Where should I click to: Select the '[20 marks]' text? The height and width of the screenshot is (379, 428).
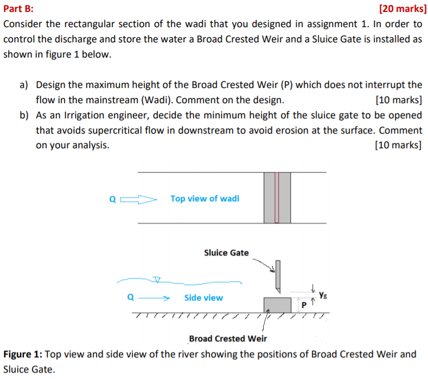400,9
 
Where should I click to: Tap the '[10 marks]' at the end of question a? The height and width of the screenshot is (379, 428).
398,100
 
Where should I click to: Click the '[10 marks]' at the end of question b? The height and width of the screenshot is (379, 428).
398,145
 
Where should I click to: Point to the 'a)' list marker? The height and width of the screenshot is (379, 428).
24,85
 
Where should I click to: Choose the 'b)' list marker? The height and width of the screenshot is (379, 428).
24,115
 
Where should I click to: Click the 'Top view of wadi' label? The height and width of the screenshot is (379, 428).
205,199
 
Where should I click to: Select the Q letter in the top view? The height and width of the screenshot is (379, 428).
113,199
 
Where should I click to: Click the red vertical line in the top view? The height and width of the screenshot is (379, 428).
276,198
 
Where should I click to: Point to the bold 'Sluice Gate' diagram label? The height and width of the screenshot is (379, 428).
226,252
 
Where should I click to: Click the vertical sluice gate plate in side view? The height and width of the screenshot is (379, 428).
278,275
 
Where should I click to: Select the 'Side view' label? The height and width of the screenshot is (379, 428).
203,298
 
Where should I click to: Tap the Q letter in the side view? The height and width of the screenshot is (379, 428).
130,298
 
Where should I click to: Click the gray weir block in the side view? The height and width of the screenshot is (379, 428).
277,305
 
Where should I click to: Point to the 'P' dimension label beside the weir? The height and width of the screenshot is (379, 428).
304,306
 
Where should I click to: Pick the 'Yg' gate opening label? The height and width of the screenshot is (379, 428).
323,295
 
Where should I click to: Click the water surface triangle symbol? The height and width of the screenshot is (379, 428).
157,280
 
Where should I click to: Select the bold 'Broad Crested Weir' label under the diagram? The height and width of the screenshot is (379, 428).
228,339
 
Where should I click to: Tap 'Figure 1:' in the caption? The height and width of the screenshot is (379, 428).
22,355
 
